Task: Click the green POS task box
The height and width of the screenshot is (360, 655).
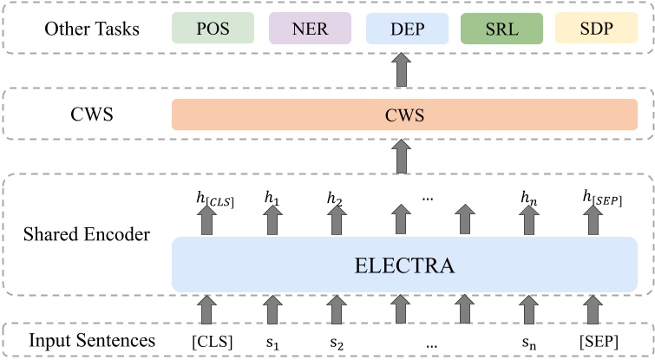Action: (212, 28)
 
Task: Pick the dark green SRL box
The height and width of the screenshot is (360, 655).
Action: (498, 28)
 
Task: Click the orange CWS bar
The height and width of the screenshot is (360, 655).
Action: (401, 115)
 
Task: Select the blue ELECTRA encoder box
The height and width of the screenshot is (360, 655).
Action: (401, 264)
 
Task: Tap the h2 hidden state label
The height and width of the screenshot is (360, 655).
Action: (335, 200)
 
